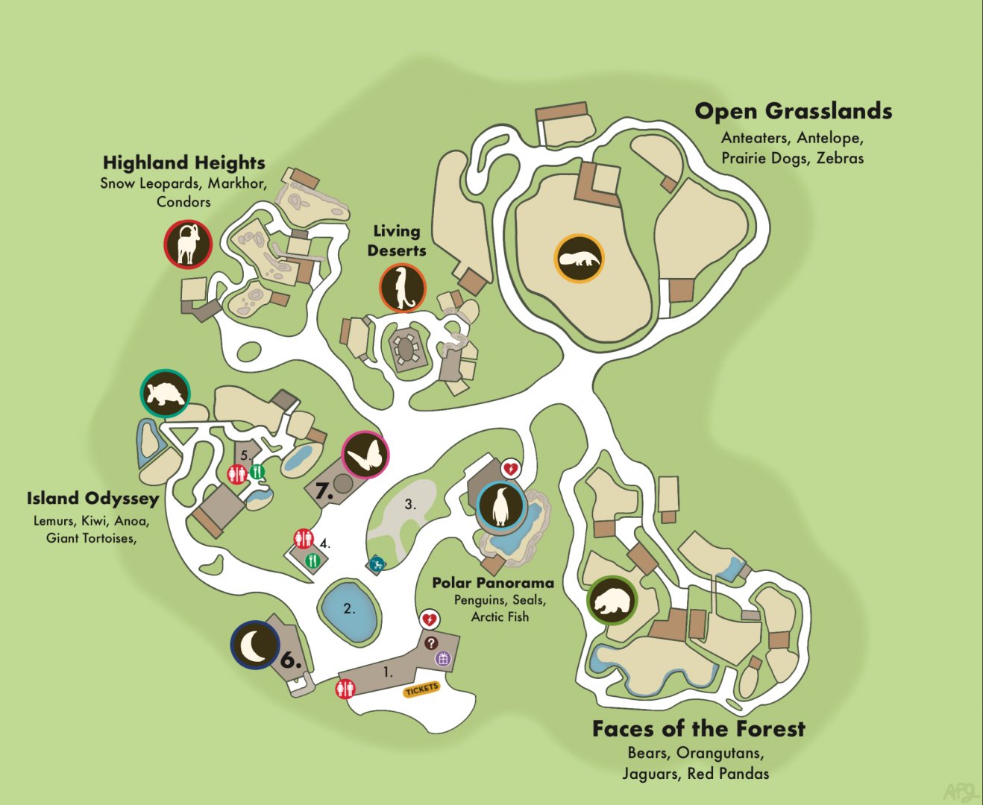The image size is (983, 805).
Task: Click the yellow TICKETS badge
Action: point(421,689)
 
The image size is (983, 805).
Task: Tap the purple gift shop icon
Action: point(443,658)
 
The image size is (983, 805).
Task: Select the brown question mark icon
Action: point(430,643)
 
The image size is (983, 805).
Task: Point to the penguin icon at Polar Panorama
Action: point(501,506)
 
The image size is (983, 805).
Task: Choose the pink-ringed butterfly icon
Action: point(365,455)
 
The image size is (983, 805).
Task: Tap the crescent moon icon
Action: point(255,645)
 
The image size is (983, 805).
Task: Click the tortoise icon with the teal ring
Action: point(166,394)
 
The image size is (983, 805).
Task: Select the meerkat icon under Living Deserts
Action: point(403,288)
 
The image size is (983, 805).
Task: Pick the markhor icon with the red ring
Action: point(188,243)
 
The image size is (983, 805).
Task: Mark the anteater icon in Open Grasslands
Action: point(579,259)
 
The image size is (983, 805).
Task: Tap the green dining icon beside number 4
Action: point(312,559)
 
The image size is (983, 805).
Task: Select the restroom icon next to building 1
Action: point(345,688)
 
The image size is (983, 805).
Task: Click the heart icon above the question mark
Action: point(429,619)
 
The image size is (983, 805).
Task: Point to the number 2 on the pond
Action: point(349,608)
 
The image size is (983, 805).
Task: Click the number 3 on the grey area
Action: point(410,504)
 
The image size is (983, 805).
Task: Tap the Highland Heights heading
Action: point(183,162)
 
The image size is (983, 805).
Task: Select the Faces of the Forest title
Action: point(699,729)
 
